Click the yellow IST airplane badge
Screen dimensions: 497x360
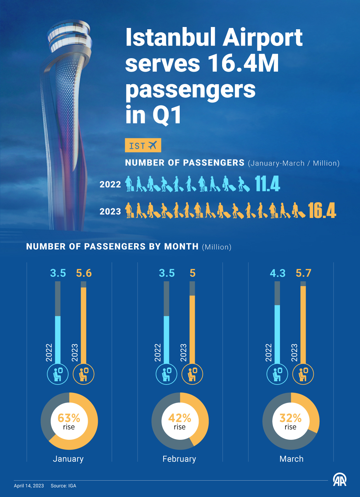tap(143, 145)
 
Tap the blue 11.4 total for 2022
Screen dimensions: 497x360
tap(267, 184)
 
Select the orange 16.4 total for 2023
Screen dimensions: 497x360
tap(322, 211)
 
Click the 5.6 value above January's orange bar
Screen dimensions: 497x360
tap(84, 273)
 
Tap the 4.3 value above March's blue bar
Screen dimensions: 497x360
tap(277, 273)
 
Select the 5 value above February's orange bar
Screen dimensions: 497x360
tap(192, 273)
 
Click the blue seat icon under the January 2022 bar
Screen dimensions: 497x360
tap(58, 374)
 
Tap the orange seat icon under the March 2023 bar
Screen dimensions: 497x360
tap(303, 374)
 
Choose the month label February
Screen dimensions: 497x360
tap(179, 459)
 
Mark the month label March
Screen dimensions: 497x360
tap(291, 459)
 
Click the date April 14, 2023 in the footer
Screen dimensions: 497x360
tap(29, 486)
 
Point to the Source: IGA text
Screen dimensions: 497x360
tap(63, 486)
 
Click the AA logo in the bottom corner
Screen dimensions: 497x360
tap(339, 480)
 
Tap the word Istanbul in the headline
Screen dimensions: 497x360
tap(170, 38)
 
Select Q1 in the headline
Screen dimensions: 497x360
tap(167, 115)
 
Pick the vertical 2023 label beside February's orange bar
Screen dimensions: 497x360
tap(183, 352)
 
